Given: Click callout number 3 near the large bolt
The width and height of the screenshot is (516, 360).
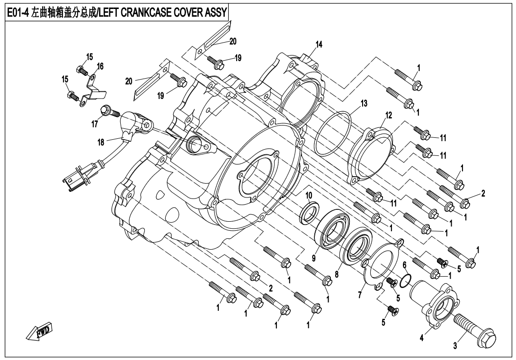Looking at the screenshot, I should point(455,347).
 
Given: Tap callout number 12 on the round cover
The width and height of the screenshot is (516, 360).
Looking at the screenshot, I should point(388,115).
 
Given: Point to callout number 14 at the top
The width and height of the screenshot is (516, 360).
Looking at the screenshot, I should point(319,45).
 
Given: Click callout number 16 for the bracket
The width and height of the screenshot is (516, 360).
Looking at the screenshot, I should point(100,66).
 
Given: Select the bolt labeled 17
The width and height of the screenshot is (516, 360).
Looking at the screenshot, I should point(106,111).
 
